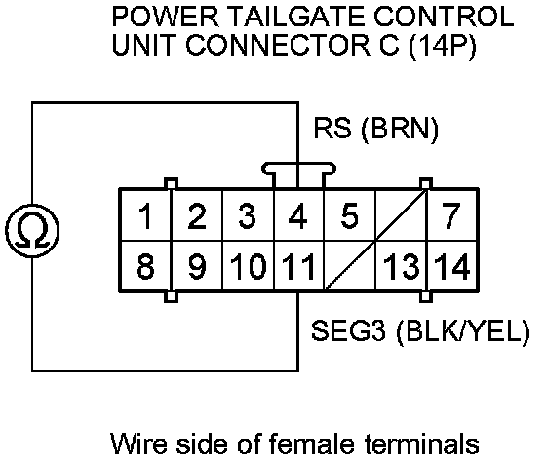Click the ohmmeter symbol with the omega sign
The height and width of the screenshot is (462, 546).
(x=32, y=231)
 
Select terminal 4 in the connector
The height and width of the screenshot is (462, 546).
(x=298, y=214)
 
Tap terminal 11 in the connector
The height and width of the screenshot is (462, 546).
(x=298, y=265)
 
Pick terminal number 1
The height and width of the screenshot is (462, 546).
(x=145, y=214)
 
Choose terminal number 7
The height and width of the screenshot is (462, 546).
(x=452, y=214)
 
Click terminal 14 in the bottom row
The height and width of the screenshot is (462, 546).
(x=452, y=265)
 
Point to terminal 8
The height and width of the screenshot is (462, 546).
(x=145, y=265)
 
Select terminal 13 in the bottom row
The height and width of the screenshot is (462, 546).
(x=401, y=265)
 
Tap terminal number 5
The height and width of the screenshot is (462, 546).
(x=349, y=214)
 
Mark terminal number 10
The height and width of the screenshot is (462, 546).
(x=249, y=265)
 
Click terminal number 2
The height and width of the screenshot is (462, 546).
(x=197, y=214)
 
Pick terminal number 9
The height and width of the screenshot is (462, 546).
(x=197, y=265)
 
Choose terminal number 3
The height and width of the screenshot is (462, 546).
(x=249, y=214)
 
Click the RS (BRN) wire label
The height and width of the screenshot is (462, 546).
(x=375, y=129)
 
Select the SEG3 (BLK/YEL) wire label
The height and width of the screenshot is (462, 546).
(x=420, y=330)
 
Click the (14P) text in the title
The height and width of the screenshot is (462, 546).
(x=442, y=47)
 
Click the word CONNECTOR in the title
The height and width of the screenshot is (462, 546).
(x=278, y=45)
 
